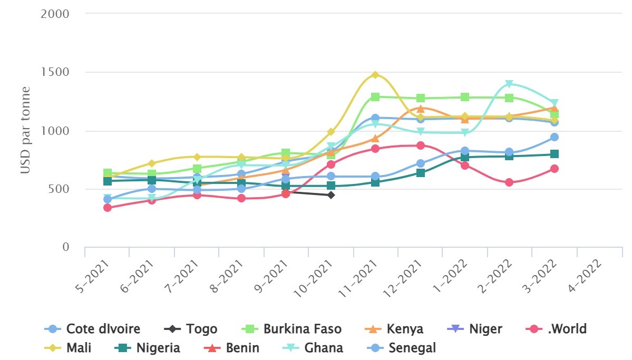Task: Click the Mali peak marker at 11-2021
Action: coord(375,75)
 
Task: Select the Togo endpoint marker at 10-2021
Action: coord(331,195)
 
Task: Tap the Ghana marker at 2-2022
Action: coord(509,84)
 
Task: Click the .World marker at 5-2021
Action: coord(108,208)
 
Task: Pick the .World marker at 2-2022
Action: coord(509,182)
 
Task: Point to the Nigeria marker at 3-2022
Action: coord(555,154)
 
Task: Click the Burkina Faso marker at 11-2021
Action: coord(375,97)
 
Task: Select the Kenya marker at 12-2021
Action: coord(420,109)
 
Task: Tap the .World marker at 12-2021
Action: coord(420,145)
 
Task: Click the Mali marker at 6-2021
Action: coord(152,163)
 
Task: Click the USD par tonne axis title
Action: coord(25,130)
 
